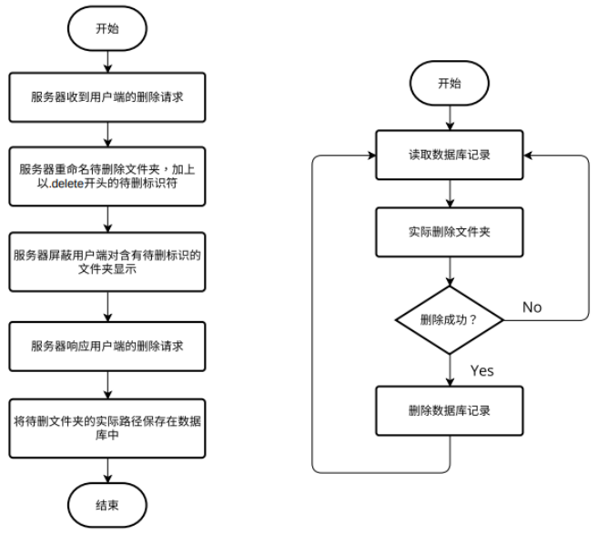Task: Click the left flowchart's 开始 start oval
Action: coord(107,27)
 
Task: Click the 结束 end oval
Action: coord(107,503)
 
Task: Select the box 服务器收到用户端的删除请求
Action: coord(107,96)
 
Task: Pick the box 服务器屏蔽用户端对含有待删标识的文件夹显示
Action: coord(107,262)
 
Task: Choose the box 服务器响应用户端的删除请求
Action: coord(107,347)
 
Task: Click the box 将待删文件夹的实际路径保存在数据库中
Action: coord(107,427)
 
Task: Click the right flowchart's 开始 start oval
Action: coord(450,83)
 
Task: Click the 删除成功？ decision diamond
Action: coord(450,319)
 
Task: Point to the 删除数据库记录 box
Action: coord(450,410)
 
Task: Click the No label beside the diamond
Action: coord(532,307)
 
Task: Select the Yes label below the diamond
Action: coord(481,370)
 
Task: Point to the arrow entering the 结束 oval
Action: coord(107,469)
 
